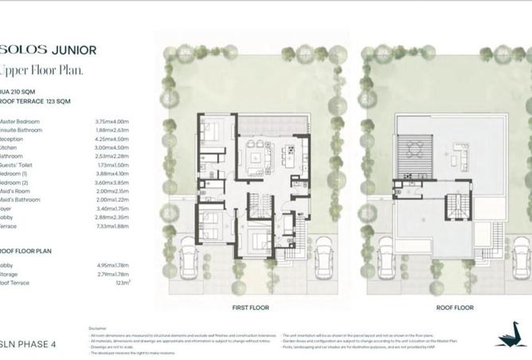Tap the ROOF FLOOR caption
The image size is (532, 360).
tap(455, 307)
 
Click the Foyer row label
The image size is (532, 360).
tap(10, 209)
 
